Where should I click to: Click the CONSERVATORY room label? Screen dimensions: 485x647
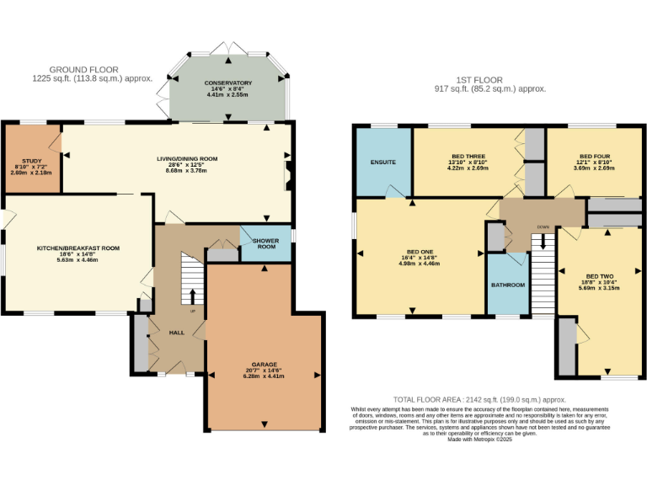[x=227, y=83]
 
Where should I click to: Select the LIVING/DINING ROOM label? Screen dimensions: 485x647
[x=187, y=158]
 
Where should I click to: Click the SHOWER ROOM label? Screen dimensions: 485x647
[x=266, y=242]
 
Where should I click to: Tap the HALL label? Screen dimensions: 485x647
[x=177, y=333]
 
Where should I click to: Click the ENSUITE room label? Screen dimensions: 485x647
[x=383, y=162]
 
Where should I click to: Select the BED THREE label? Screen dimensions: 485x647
[x=468, y=156]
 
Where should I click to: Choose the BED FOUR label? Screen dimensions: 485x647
[x=594, y=156]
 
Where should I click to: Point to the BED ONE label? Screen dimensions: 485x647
[x=419, y=252]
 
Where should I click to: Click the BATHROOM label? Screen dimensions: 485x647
[x=508, y=285]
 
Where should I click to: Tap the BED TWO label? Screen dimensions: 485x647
[x=599, y=276]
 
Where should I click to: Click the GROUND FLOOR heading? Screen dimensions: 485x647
[x=83, y=69]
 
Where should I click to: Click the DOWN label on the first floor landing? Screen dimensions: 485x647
[x=544, y=227]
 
